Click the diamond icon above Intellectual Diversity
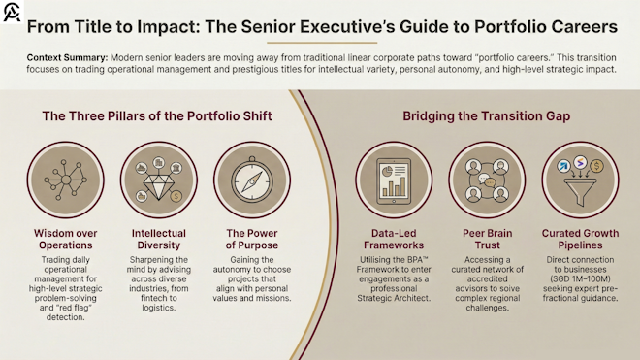pyautogui.click(x=159, y=180)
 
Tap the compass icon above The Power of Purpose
pyautogui.click(x=252, y=180)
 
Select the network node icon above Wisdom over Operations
pyautogui.click(x=67, y=180)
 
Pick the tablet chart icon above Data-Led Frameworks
pyautogui.click(x=394, y=180)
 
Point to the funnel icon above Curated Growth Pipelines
pyautogui.click(x=580, y=180)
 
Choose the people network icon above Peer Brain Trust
pyautogui.click(x=488, y=180)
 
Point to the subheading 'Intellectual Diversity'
pyautogui.click(x=159, y=240)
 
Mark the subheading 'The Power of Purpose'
pyautogui.click(x=252, y=240)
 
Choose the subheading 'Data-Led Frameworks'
pyautogui.click(x=394, y=240)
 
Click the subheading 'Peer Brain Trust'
pyautogui.click(x=488, y=240)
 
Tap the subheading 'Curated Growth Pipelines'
pyautogui.click(x=580, y=240)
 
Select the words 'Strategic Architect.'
pyautogui.click(x=394, y=298)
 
